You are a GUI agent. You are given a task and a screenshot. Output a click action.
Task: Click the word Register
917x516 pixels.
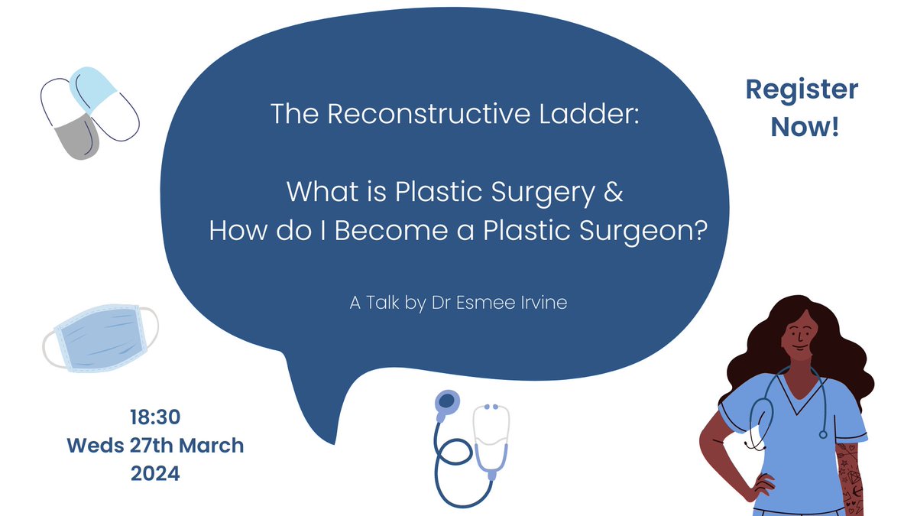click(x=802, y=90)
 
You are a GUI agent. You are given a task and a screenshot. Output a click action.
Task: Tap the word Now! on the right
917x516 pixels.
click(x=805, y=127)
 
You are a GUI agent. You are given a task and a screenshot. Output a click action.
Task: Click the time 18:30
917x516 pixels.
click(x=155, y=417)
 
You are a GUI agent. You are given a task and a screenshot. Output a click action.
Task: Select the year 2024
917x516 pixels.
click(x=155, y=473)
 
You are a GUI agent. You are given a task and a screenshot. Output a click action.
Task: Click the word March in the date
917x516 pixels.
click(x=212, y=445)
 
